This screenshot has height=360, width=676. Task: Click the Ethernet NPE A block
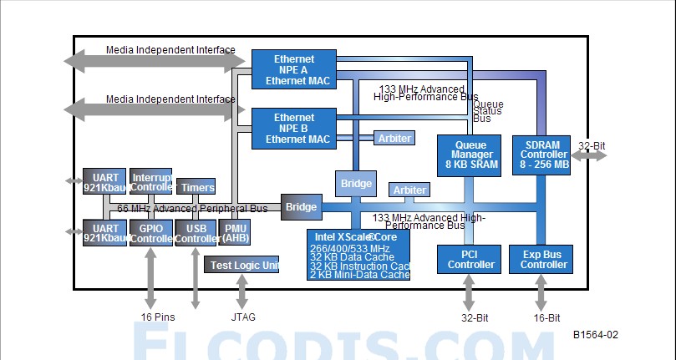293,70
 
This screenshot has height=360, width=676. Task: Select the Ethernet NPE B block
293,128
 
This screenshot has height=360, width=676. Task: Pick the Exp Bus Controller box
540,259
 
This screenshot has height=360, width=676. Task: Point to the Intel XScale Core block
358,255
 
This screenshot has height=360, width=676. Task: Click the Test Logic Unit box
241,266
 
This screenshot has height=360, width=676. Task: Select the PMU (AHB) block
234,232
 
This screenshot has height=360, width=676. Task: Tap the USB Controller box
196,232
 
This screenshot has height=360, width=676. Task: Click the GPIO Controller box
151,232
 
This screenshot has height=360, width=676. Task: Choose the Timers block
196,187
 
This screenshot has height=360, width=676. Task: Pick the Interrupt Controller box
151,182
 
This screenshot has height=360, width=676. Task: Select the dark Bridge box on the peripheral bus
301,206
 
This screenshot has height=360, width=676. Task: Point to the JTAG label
243,317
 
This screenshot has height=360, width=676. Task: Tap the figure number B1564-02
596,335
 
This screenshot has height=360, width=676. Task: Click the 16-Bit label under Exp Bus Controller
546,317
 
